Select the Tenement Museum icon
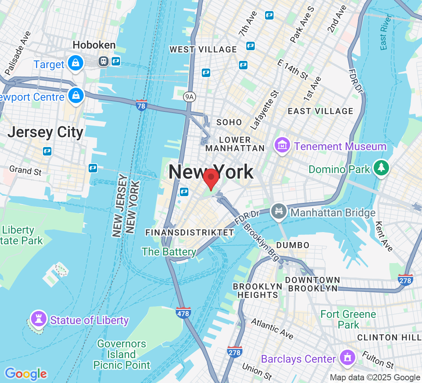point(282,146)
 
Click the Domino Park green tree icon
point(381,167)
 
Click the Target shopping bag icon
point(76,63)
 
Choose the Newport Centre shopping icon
point(76,96)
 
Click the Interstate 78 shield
point(142,105)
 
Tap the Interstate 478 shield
point(184,313)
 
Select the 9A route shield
point(190,97)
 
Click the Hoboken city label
point(94,45)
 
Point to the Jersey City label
point(45,132)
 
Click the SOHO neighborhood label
point(229,122)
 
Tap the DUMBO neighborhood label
point(292,245)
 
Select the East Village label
point(320,111)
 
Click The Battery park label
point(169,252)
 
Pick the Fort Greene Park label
point(348,319)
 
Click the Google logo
point(25,373)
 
